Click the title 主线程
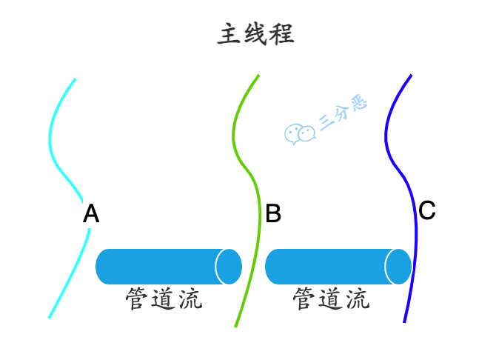pos(256,34)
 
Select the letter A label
pos(91,215)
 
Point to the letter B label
pos(273,215)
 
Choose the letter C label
pos(427,211)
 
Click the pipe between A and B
pos(159,267)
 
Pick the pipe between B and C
pos(329,267)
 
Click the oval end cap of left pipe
pos(229,267)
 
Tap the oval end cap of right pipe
pos(398,267)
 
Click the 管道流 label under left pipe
pos(164,299)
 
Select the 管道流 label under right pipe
pos(332,299)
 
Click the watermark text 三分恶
pos(343,114)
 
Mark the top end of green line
pos(258,76)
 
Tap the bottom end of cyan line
pos(50,317)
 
